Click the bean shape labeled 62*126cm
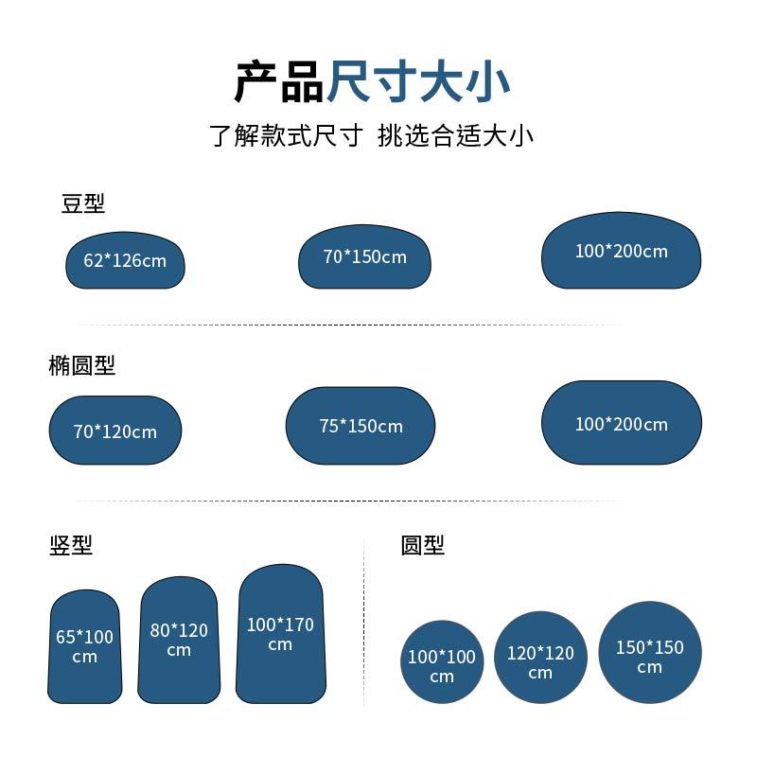click(125, 261)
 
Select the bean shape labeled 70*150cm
click(364, 256)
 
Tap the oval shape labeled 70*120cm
click(115, 431)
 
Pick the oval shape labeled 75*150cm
click(361, 426)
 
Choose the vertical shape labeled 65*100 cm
click(84, 647)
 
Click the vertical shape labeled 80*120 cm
click(179, 641)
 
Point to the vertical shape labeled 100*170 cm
click(280, 634)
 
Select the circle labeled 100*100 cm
click(442, 661)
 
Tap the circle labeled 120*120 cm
click(540, 658)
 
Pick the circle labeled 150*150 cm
click(650, 652)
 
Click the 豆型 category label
click(82, 203)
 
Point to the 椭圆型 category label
click(81, 365)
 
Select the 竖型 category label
click(71, 545)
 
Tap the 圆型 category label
click(422, 545)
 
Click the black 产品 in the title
click(278, 81)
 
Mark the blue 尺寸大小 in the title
click(418, 81)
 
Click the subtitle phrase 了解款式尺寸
click(286, 135)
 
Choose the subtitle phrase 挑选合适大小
click(455, 135)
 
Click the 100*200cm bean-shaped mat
click(622, 251)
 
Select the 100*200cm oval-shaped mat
click(622, 423)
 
